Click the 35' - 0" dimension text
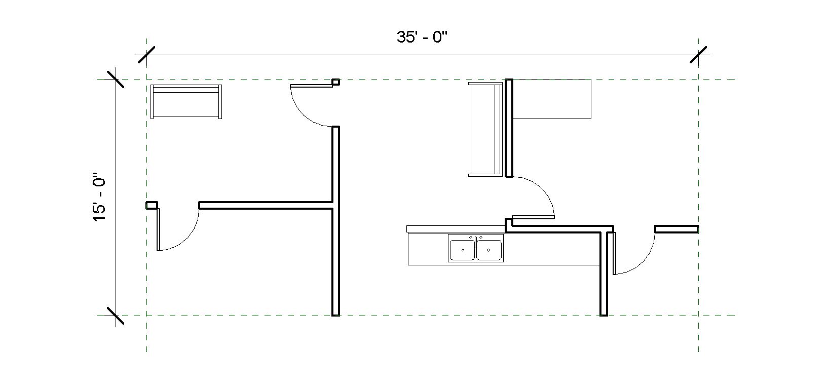[422, 37]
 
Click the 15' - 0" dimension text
[99, 196]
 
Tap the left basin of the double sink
[463, 250]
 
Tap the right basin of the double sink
[488, 250]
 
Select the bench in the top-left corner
[186, 102]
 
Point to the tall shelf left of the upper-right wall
[485, 129]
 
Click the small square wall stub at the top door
[335, 82]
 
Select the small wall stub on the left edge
[152, 206]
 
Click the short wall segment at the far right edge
[676, 229]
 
